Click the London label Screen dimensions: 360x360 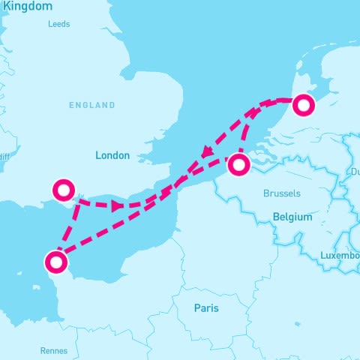[x=112, y=155]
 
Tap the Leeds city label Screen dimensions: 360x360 [x=58, y=24]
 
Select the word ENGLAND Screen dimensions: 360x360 [x=92, y=105]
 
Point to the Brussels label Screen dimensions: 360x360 [x=281, y=193]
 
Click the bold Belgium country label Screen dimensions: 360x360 [x=292, y=217]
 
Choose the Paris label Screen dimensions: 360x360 [x=206, y=307]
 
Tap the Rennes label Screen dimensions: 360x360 [x=53, y=350]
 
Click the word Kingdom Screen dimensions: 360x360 [x=26, y=6]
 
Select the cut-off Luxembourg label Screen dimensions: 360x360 [x=340, y=256]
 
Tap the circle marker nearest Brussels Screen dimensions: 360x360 [x=238, y=164]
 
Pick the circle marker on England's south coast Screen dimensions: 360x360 [x=62, y=190]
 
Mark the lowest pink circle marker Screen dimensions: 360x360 [x=55, y=262]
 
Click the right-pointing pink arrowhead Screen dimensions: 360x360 [x=117, y=205]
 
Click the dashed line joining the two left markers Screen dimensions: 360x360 [x=69, y=225]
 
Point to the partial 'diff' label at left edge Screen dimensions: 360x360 [x=4, y=157]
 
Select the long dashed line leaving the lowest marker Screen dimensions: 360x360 [x=120, y=225]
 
